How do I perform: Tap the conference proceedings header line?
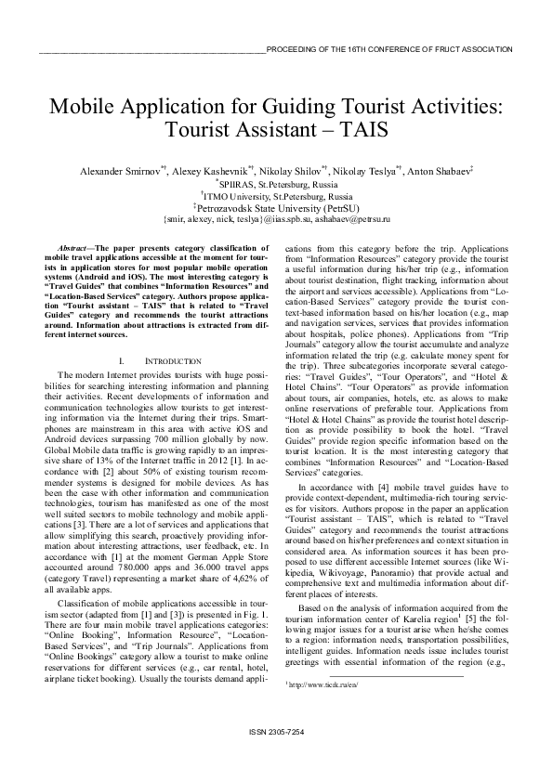[x=388, y=49]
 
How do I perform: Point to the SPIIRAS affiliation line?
[x=277, y=185]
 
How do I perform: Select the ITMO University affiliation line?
[x=277, y=197]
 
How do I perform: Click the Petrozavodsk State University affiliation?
[x=277, y=209]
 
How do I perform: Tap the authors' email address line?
[x=277, y=220]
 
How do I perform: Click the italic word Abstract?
[x=72, y=250]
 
